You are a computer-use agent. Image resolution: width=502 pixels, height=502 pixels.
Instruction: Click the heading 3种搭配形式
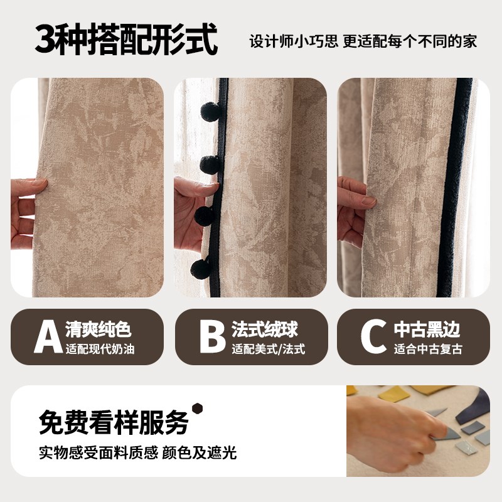[x=126, y=40]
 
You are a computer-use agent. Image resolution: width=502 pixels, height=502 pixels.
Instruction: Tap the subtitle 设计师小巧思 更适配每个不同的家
[x=363, y=41]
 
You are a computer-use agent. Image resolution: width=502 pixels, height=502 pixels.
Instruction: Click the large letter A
[x=48, y=337]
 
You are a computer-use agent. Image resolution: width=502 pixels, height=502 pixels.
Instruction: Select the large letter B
[x=212, y=337]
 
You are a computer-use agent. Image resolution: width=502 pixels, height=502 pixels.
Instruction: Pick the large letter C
[x=374, y=337]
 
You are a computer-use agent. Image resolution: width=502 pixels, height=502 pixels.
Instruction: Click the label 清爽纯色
[x=99, y=329]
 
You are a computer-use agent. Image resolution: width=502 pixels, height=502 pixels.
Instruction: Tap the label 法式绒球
[x=264, y=329]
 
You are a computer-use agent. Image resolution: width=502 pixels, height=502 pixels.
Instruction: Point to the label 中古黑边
[x=427, y=329]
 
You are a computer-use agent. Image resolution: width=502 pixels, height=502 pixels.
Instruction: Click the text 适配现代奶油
[x=100, y=350]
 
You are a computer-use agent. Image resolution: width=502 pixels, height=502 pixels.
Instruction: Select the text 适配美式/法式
[x=268, y=350]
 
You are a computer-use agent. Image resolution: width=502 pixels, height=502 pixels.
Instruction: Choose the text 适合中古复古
[x=429, y=350]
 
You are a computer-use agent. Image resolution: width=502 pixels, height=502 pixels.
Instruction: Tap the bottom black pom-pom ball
[x=201, y=267]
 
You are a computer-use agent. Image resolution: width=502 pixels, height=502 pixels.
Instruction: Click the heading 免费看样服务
[x=114, y=422]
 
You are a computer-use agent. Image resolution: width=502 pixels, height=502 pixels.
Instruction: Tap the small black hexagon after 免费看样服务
[x=198, y=409]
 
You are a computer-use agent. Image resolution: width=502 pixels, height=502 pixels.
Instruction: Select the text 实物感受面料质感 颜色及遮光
[x=137, y=452]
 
